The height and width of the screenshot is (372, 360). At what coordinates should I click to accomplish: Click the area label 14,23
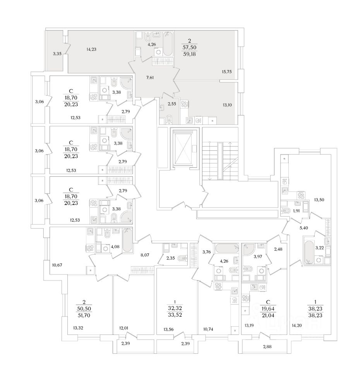pyautogui.click(x=92, y=49)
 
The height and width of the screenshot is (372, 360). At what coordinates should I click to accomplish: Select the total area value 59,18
pyautogui.click(x=190, y=54)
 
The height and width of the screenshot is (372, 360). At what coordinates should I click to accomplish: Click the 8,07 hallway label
pyautogui.click(x=144, y=255)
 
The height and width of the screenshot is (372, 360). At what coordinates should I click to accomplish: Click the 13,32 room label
pyautogui.click(x=79, y=328)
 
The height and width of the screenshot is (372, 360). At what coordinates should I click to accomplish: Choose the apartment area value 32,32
pyautogui.click(x=175, y=308)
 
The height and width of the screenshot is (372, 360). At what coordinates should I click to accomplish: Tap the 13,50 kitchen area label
pyautogui.click(x=319, y=200)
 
